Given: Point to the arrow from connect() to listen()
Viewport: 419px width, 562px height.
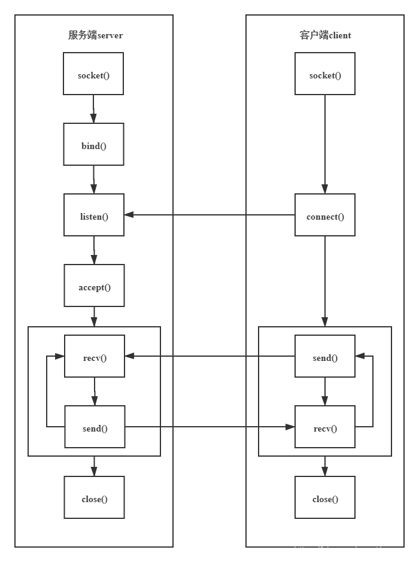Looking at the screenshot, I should point(209,215).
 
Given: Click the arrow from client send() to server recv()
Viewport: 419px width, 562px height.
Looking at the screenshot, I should point(209,356).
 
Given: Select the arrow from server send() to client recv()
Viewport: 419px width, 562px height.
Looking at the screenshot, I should point(209,427).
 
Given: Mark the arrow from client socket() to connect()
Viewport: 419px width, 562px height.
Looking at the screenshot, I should point(325,144).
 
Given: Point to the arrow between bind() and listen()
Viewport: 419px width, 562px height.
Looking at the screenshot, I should point(94,180).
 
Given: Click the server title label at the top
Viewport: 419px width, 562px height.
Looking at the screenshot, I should point(95,35).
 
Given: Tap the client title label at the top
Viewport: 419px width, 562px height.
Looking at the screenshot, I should point(325,35).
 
